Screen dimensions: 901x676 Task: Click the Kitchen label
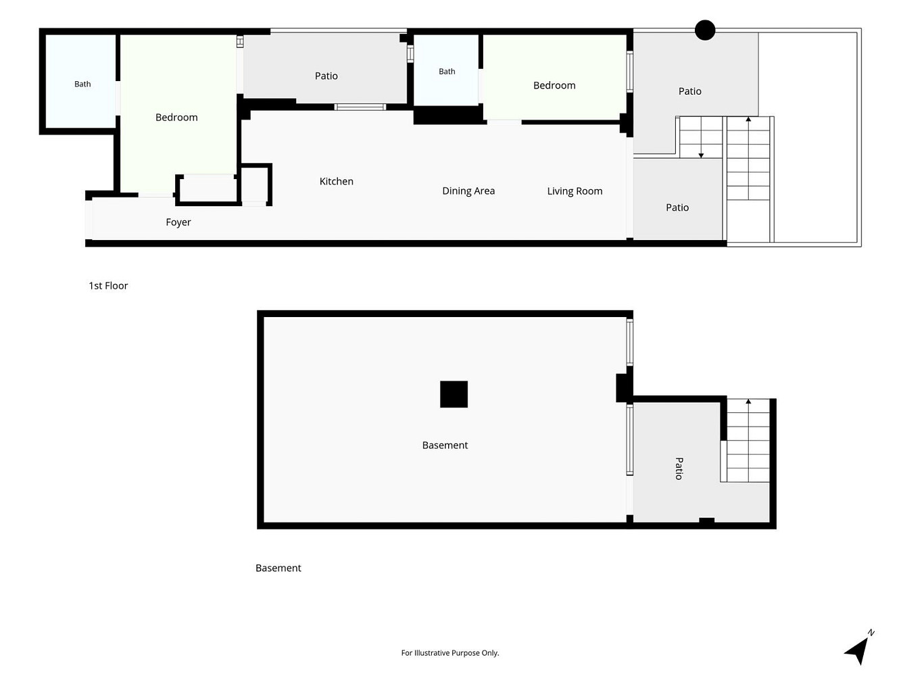(336, 181)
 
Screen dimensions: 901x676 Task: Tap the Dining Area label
(468, 191)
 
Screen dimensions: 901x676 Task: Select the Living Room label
(575, 191)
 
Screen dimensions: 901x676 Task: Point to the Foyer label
(178, 222)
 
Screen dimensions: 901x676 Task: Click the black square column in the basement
(454, 394)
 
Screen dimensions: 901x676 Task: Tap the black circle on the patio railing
(705, 30)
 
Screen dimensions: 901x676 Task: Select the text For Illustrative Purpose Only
(450, 653)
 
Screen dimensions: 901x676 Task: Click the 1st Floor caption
(108, 286)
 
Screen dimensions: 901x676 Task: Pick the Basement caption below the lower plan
(278, 568)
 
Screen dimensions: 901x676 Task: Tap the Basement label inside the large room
(445, 445)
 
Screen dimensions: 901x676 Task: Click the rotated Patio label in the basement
(679, 468)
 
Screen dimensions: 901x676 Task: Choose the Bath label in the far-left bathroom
(82, 84)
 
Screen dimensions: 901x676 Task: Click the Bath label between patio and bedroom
(447, 72)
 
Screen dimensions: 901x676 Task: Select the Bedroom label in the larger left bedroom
(176, 118)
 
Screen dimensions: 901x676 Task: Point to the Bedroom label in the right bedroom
(554, 85)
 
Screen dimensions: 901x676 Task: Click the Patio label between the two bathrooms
(326, 76)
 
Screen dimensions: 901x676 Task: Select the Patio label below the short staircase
(677, 208)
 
